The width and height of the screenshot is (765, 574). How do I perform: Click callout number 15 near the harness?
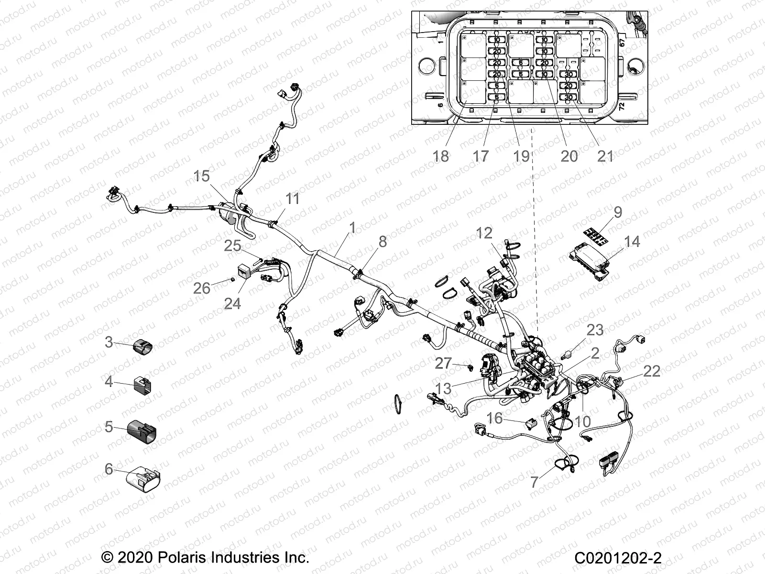[x=201, y=176]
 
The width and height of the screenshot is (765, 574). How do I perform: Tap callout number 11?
[x=292, y=199]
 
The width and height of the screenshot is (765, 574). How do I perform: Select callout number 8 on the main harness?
[x=382, y=242]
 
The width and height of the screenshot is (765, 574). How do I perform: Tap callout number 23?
[x=595, y=330]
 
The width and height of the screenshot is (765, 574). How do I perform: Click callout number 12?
[x=484, y=233]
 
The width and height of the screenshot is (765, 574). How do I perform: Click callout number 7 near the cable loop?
[x=535, y=482]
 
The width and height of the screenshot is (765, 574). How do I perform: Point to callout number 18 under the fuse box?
[x=441, y=155]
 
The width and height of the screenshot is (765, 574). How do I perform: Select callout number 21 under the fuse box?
[x=605, y=155]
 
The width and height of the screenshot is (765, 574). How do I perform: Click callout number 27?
[x=443, y=363]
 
